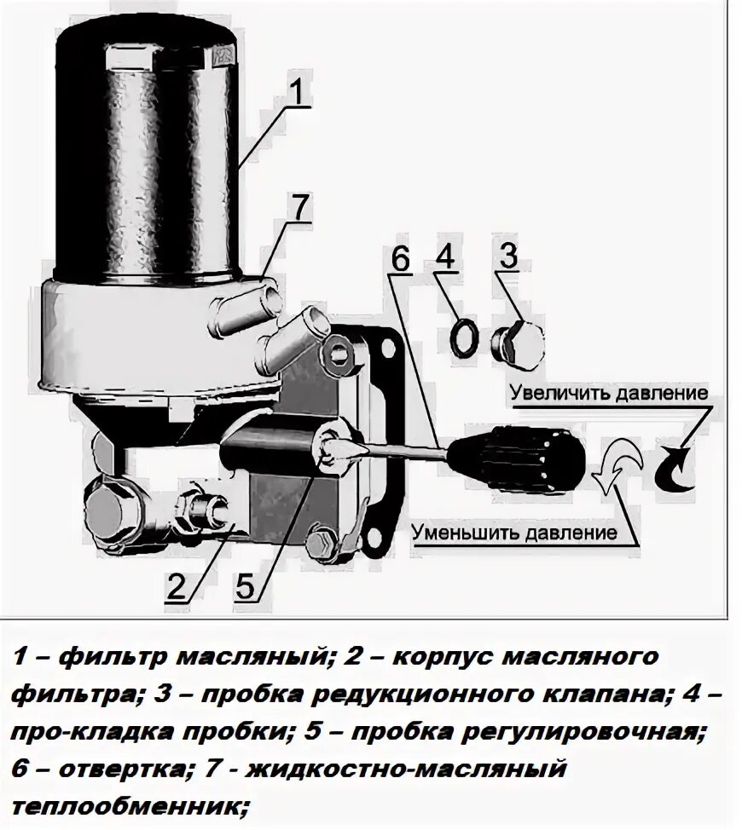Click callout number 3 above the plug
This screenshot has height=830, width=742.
[x=508, y=256]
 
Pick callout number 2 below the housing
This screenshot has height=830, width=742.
[x=177, y=586]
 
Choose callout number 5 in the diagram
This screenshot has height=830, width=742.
[x=244, y=586]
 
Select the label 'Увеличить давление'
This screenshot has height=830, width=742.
[x=609, y=394]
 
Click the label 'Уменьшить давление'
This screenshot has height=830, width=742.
[x=513, y=534]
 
